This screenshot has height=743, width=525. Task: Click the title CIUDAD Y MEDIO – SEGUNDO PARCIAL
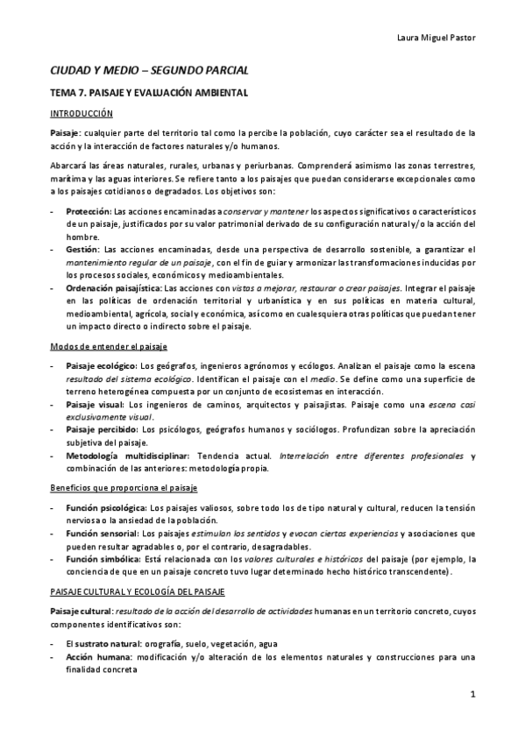pyautogui.click(x=149, y=69)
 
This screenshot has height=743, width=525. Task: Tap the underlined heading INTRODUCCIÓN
pyautogui.click(x=82, y=113)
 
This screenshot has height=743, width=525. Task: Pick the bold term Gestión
pyautogui.click(x=82, y=250)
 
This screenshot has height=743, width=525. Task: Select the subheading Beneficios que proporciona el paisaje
pyautogui.click(x=123, y=487)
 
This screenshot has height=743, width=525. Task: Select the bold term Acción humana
pyautogui.click(x=96, y=657)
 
